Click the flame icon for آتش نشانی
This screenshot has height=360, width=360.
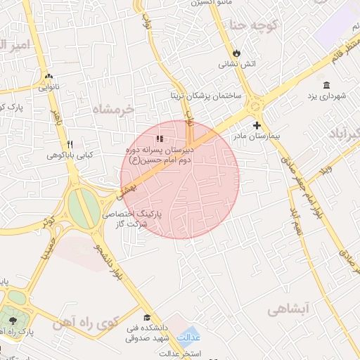[x=237, y=53]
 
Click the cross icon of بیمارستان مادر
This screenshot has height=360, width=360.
[x=257, y=124]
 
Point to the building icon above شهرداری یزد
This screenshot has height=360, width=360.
[x=326, y=84]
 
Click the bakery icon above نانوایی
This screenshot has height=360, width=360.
[x=49, y=77]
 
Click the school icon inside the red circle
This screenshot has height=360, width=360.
[x=160, y=139]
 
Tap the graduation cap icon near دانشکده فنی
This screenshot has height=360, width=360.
[x=147, y=317]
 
